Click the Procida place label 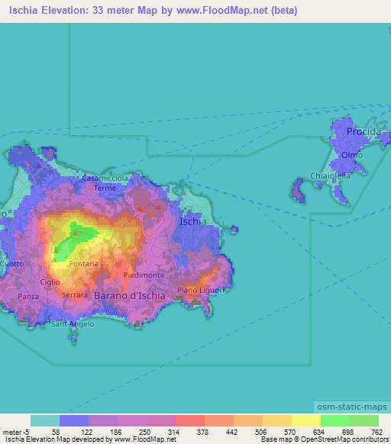point(363,132)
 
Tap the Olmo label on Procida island point(352,155)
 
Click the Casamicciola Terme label point(105,182)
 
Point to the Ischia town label point(191,222)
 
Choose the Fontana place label point(83,264)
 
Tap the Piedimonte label point(144,275)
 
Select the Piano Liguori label point(199,291)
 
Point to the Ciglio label point(50,282)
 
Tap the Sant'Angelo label point(72,324)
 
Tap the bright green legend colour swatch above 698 point(334,420)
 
